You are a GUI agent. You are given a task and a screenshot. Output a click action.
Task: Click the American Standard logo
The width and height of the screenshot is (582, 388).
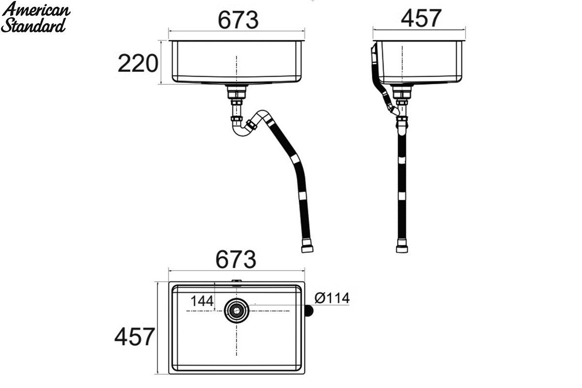[35, 17]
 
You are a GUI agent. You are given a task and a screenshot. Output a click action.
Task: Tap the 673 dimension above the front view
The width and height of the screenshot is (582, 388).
[238, 20]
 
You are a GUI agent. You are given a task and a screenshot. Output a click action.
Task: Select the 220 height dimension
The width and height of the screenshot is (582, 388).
[138, 63]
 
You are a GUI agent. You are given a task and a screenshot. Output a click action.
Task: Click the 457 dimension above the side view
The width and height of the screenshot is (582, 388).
[421, 18]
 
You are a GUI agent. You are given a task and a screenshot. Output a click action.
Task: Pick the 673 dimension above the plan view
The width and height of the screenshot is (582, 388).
[236, 259]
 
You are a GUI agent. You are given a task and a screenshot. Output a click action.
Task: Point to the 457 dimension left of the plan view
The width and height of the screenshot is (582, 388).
[135, 337]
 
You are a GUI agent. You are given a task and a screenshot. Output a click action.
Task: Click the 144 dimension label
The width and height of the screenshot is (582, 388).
[202, 301]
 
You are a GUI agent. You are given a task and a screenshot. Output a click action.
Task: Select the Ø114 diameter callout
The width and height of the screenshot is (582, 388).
[332, 298]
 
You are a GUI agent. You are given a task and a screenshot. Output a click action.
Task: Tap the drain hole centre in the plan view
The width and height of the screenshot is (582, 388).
[237, 310]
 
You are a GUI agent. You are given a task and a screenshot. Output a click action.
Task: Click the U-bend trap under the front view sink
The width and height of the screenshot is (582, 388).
[242, 129]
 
